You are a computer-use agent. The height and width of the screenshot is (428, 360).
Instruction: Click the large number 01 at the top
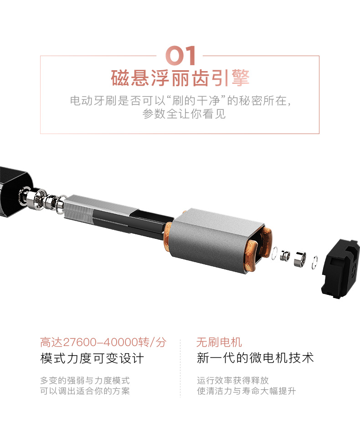point(180,56)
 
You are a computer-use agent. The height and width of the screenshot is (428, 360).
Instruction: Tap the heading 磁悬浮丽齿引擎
point(180,78)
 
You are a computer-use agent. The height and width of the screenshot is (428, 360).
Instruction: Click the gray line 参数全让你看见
point(184,114)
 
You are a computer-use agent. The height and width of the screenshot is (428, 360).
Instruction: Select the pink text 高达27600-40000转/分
point(103,342)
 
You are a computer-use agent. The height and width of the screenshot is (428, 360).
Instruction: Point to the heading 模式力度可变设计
point(92,358)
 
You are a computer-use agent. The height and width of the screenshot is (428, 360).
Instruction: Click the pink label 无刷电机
point(219,342)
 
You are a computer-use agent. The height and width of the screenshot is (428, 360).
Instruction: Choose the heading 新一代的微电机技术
point(255,358)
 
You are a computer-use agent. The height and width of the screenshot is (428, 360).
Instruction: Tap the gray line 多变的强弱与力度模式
point(85,380)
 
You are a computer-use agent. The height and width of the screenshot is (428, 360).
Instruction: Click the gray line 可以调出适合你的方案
point(85,391)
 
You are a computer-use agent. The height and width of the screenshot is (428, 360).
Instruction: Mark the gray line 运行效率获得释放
point(233,380)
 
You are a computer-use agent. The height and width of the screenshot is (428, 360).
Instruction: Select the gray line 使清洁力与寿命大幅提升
point(246,391)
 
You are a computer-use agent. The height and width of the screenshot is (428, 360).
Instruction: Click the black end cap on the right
point(340,269)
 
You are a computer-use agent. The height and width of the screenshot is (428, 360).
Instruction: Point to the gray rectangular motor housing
point(216,240)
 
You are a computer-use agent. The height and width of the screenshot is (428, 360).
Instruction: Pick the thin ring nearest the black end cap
point(315,262)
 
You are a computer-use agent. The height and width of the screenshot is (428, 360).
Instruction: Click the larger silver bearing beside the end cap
point(300,259)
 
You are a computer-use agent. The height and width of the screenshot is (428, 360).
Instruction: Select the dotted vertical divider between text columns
point(180,368)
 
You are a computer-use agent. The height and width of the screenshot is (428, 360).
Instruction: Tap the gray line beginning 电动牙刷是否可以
point(180,101)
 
